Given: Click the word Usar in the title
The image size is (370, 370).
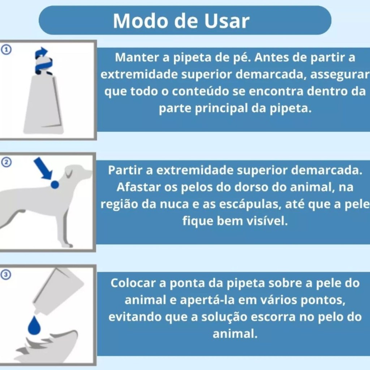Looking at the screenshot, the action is pyautogui.click(x=227, y=21).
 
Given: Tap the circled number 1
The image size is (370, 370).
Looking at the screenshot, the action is pyautogui.click(x=6, y=50).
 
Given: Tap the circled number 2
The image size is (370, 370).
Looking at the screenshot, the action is pyautogui.click(x=6, y=162).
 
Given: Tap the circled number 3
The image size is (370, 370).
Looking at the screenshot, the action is pyautogui.click(x=6, y=275).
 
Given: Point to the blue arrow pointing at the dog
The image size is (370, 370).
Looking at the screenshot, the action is pyautogui.click(x=43, y=168).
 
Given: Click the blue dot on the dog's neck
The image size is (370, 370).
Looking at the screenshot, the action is pyautogui.click(x=55, y=184).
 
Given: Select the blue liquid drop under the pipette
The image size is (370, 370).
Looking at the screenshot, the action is pyautogui.click(x=34, y=326).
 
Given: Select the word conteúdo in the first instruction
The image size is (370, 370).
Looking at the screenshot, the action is pyautogui.click(x=200, y=91).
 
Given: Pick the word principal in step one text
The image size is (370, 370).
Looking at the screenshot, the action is pyautogui.click(x=221, y=109).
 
